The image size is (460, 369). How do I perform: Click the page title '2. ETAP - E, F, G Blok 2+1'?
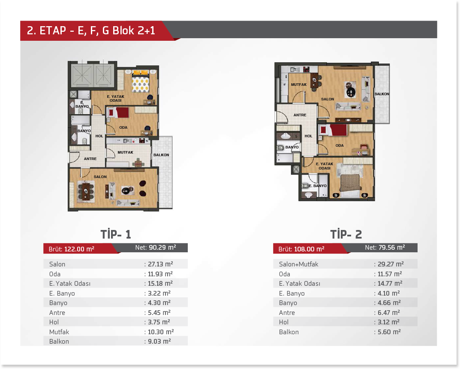click(x=91, y=30)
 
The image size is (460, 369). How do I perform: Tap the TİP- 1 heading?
click(x=116, y=234)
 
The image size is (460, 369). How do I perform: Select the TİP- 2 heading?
click(x=346, y=234)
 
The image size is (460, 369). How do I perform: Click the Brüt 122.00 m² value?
click(x=71, y=249)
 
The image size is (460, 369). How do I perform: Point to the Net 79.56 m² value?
click(x=385, y=248)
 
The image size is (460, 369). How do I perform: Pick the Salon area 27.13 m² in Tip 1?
click(x=160, y=264)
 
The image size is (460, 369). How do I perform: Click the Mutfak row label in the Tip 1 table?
click(x=59, y=332)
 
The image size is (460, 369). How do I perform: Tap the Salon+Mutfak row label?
click(x=299, y=264)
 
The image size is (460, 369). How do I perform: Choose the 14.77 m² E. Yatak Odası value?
click(x=390, y=283)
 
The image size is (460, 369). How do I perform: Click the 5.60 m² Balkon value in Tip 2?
click(x=389, y=332)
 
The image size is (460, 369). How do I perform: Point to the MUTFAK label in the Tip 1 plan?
click(x=125, y=152)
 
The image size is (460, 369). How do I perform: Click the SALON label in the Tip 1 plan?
click(x=100, y=177)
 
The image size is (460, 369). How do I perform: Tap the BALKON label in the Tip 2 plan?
click(x=382, y=94)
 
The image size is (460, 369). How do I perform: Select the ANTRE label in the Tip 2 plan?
click(x=300, y=115)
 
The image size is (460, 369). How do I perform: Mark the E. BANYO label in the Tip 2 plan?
click(x=317, y=186)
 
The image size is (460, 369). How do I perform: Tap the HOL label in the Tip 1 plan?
click(x=99, y=136)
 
